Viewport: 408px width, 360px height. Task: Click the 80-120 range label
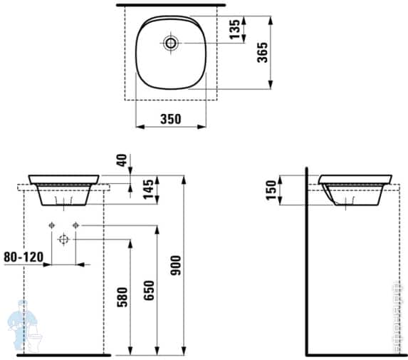(21, 255)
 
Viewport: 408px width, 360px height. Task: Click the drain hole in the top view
(171, 43)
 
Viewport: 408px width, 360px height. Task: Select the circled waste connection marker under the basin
(63, 240)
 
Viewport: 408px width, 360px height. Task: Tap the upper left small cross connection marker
(51, 226)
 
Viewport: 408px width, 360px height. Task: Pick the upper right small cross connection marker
(75, 226)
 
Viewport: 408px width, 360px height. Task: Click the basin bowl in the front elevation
(64, 190)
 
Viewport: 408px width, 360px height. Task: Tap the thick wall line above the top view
(171, 5)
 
